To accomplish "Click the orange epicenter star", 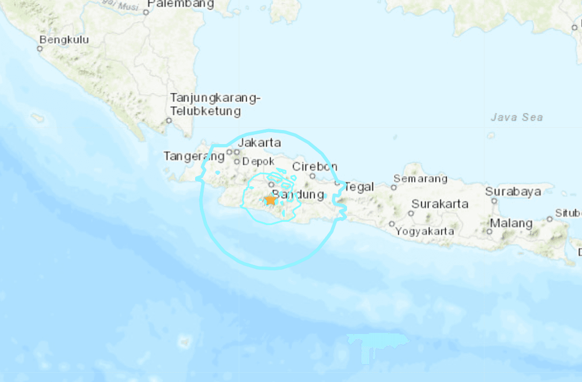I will click(271, 200).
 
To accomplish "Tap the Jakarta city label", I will click(259, 143).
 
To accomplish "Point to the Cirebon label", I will click(315, 166).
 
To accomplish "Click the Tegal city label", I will click(359, 187).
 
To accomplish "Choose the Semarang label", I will click(420, 179).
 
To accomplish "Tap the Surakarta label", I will click(440, 204).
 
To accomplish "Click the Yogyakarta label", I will click(425, 231).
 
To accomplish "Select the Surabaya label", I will click(512, 192).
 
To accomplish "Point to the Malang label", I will click(511, 223).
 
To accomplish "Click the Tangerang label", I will click(194, 156).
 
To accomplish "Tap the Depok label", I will click(258, 161).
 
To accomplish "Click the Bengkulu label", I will click(64, 39).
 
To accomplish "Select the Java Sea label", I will click(517, 117).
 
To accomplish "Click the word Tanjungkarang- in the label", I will click(216, 98).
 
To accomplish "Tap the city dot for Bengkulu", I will click(39, 49).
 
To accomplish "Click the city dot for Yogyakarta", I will click(392, 223).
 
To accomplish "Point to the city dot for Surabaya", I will click(494, 201).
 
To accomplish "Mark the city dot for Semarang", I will click(394, 188).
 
